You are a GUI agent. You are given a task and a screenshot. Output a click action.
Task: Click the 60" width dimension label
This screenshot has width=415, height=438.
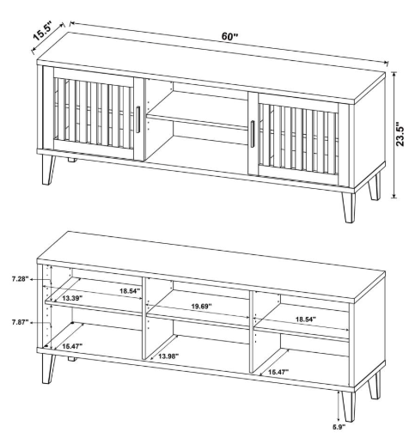229,37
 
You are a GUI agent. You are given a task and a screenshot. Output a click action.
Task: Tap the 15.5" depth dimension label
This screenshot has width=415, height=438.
43,31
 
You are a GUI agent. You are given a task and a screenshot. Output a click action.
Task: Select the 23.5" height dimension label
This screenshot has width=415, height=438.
400,135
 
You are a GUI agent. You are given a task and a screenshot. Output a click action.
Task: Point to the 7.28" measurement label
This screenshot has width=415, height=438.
21,279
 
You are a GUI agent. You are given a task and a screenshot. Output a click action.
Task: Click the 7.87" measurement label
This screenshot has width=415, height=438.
21,322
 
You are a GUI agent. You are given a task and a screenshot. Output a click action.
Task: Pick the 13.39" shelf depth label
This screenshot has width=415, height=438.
72,298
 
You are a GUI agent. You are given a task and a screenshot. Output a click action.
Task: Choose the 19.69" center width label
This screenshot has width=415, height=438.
201,306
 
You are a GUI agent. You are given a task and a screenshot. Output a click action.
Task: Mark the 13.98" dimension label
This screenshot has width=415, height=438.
168,356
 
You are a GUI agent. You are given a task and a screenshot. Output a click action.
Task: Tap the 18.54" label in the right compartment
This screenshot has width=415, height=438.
306,319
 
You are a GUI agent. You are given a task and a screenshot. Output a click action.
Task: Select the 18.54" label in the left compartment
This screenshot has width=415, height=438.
130,291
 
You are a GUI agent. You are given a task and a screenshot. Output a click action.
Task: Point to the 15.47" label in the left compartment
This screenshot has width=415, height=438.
72,346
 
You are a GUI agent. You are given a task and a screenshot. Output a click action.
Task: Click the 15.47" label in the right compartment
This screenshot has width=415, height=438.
278,372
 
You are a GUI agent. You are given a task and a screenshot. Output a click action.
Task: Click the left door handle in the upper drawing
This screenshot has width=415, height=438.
138,119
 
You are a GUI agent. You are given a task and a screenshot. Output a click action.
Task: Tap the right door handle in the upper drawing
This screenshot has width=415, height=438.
253,134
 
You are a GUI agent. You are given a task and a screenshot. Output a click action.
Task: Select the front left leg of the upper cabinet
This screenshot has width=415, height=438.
48,169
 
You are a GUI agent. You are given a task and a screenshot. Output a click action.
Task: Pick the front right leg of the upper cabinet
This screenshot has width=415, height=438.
348,207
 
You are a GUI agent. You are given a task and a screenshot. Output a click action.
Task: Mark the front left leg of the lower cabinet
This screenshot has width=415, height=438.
48,368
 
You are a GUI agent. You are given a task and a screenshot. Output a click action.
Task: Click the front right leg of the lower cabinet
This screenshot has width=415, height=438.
348,406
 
